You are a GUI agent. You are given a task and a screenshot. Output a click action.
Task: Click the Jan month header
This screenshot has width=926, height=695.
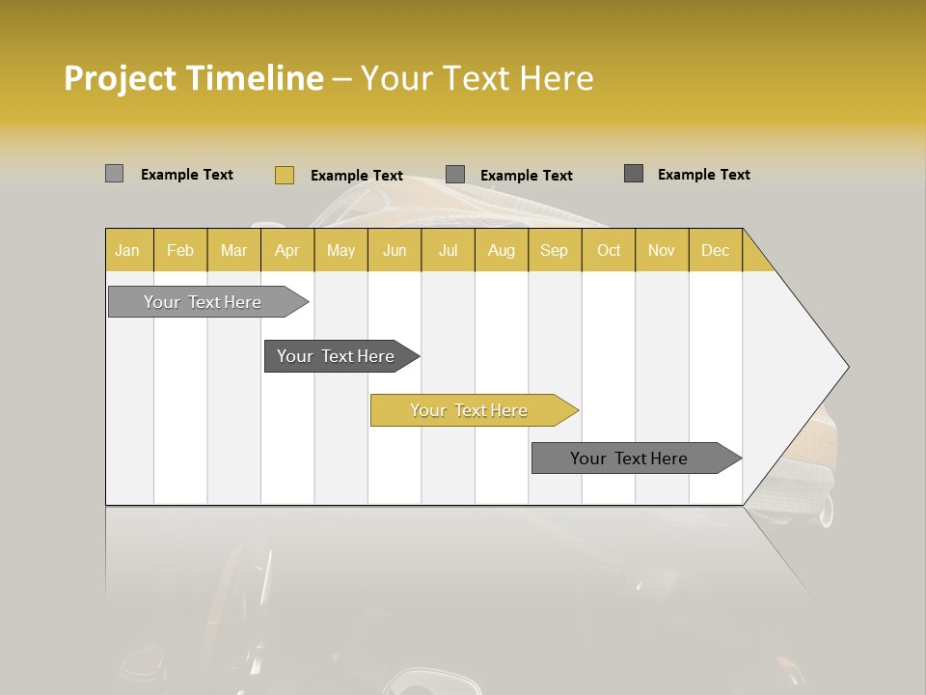pyautogui.click(x=128, y=250)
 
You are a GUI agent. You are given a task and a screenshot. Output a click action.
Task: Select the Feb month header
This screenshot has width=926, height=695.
pyautogui.click(x=180, y=250)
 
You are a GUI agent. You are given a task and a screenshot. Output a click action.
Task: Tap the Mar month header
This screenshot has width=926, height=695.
pyautogui.click(x=233, y=250)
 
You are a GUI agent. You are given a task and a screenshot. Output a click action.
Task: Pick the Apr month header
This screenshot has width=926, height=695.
pyautogui.click(x=286, y=250)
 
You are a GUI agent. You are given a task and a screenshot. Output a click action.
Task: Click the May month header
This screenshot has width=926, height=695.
pyautogui.click(x=340, y=250)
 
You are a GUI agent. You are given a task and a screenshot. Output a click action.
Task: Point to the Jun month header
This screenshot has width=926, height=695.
pyautogui.click(x=395, y=250)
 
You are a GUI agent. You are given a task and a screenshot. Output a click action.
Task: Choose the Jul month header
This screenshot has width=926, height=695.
pyautogui.click(x=448, y=250)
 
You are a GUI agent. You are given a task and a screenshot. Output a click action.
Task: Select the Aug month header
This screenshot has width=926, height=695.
pyautogui.click(x=501, y=250)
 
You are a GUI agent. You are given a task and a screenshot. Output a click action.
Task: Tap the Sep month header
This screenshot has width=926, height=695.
pyautogui.click(x=554, y=250)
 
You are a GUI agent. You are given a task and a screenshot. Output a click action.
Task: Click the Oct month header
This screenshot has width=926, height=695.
pyautogui.click(x=609, y=250)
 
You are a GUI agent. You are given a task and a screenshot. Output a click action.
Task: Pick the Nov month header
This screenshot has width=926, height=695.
pyautogui.click(x=662, y=250)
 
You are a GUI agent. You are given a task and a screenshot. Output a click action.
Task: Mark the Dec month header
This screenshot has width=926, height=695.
pyautogui.click(x=715, y=250)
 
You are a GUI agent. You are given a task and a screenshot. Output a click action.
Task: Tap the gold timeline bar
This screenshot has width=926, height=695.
pyautogui.click(x=470, y=410)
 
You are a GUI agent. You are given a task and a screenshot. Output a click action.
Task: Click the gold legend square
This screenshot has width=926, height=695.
pyautogui.click(x=284, y=175)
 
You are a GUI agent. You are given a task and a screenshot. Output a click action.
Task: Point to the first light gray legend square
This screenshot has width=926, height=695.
pyautogui.click(x=114, y=174)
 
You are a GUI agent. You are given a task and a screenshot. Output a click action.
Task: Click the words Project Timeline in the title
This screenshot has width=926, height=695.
pyautogui.click(x=194, y=78)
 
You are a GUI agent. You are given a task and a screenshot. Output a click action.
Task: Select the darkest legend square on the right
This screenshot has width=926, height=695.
pyautogui.click(x=634, y=174)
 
